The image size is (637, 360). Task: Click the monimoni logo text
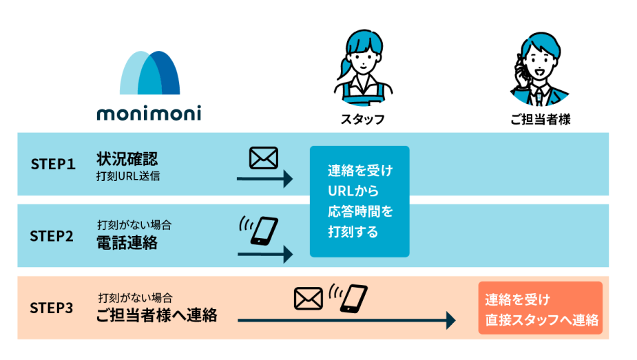149,113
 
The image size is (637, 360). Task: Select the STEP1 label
52,164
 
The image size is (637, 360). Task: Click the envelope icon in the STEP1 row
263,158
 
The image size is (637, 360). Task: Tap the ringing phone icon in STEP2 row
260,230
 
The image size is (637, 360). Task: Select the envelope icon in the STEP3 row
309,298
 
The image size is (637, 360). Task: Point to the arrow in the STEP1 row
264,180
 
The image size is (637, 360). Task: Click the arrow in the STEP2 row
264,254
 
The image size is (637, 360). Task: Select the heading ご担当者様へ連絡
156,315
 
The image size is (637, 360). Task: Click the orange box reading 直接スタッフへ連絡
541,309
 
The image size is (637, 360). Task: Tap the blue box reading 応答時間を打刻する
359,201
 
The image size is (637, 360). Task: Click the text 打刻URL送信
129,176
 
